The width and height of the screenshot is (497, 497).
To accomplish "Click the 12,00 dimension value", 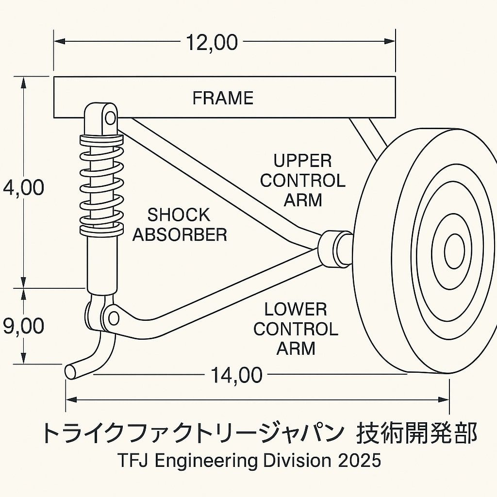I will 212,43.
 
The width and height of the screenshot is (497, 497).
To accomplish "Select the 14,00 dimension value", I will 236,375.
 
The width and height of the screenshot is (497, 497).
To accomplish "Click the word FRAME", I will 223,99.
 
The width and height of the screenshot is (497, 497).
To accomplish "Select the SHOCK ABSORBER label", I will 180,225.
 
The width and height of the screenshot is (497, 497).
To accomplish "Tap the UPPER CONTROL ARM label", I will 302,180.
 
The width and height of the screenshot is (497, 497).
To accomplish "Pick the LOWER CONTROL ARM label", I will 296,329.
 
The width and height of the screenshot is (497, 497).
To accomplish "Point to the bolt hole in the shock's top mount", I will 111,117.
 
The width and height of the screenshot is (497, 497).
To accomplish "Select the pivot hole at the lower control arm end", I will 114,318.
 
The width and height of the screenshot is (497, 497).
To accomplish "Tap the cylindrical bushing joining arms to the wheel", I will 335,249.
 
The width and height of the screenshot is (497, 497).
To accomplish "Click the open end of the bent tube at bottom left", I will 70,371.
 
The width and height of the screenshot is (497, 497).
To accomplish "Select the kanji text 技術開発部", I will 417,432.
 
